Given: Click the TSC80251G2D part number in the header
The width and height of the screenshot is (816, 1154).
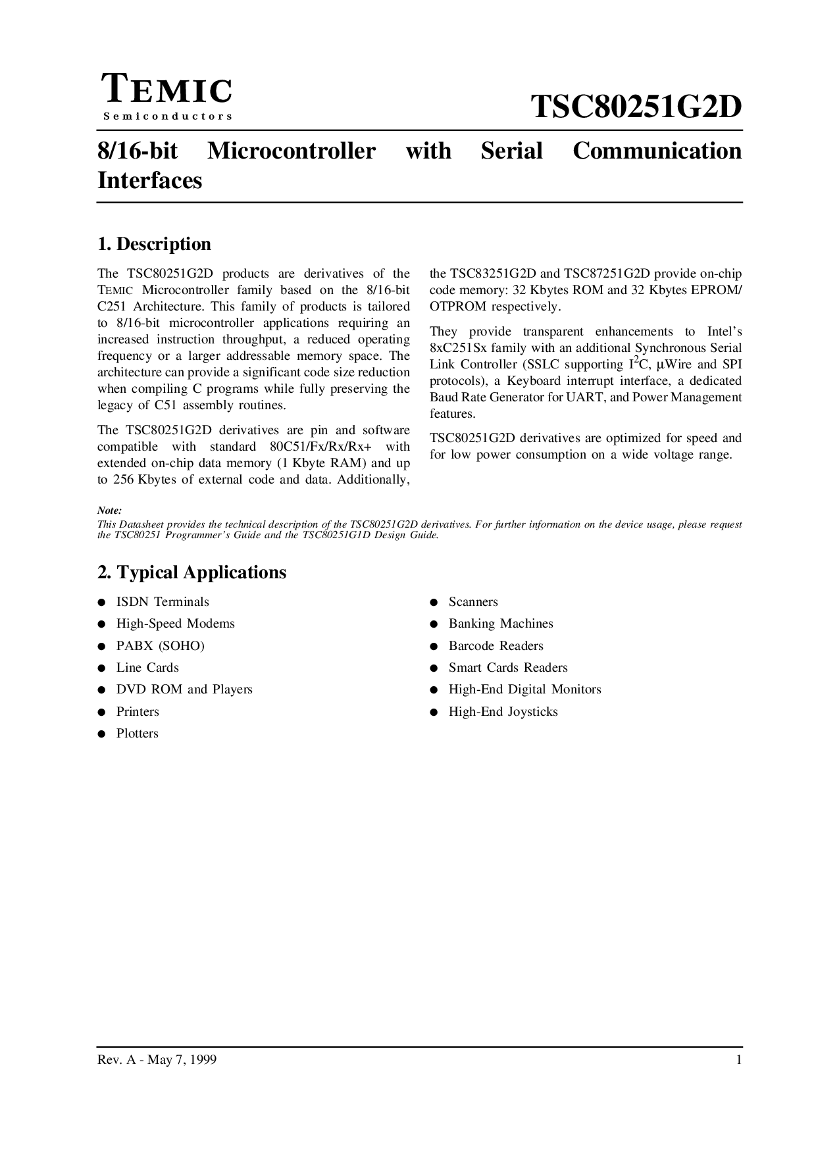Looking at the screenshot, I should click(x=636, y=107).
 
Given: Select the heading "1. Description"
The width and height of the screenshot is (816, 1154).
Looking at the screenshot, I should click(x=154, y=244).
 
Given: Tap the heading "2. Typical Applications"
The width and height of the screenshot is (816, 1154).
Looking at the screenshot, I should click(x=191, y=572).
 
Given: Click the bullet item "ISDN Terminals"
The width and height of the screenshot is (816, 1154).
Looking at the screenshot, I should click(x=163, y=602).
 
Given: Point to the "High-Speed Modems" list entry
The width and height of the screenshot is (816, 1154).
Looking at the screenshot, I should click(x=175, y=624).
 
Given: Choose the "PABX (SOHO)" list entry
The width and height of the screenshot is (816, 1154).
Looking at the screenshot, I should click(x=160, y=646).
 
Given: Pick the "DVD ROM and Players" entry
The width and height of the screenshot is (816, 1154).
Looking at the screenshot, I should click(x=184, y=690).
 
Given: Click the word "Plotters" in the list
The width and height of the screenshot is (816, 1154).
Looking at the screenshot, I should click(x=137, y=734).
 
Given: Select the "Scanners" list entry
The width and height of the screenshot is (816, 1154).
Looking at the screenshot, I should click(x=473, y=602).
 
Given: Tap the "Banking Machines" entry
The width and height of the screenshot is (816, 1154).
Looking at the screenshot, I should click(x=501, y=624).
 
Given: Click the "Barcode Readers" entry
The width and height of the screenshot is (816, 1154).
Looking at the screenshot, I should click(x=496, y=646).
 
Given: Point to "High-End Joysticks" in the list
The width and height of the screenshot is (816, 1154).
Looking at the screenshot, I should click(x=503, y=712).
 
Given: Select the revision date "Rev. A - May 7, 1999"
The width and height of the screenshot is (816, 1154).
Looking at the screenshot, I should click(x=157, y=1060).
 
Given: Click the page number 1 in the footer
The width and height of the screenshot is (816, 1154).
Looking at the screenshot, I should click(x=739, y=1060).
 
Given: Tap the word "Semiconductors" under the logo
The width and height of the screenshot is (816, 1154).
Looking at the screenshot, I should click(x=167, y=116).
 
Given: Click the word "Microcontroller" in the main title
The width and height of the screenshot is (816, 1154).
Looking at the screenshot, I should click(x=291, y=151).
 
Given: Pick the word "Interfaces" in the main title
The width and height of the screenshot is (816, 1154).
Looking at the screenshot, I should click(x=149, y=180).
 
